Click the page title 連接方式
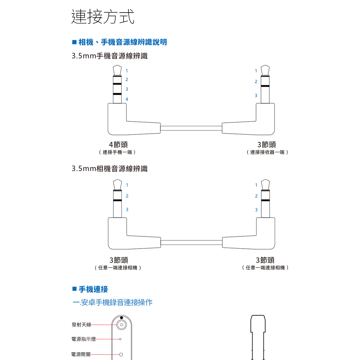tap(103, 16)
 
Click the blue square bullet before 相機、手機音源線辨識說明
tap(74, 42)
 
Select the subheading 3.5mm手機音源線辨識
tap(110, 56)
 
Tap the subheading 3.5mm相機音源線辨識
tap(110, 169)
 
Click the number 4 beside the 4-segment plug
tap(127, 99)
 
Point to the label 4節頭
tap(118, 144)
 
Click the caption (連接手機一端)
tap(117, 152)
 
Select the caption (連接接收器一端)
tap(267, 152)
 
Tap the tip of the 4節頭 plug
tap(117, 66)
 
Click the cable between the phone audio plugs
tap(191, 128)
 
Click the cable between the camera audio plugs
tap(191, 242)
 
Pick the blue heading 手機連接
tap(93, 289)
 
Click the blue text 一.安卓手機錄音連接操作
tap(112, 302)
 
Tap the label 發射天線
tap(81, 325)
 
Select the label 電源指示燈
tap(83, 339)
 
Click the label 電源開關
tap(81, 354)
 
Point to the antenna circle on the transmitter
tap(121, 325)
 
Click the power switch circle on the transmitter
tap(121, 354)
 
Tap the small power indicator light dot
tap(120, 339)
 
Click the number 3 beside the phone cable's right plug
tap(256, 95)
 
